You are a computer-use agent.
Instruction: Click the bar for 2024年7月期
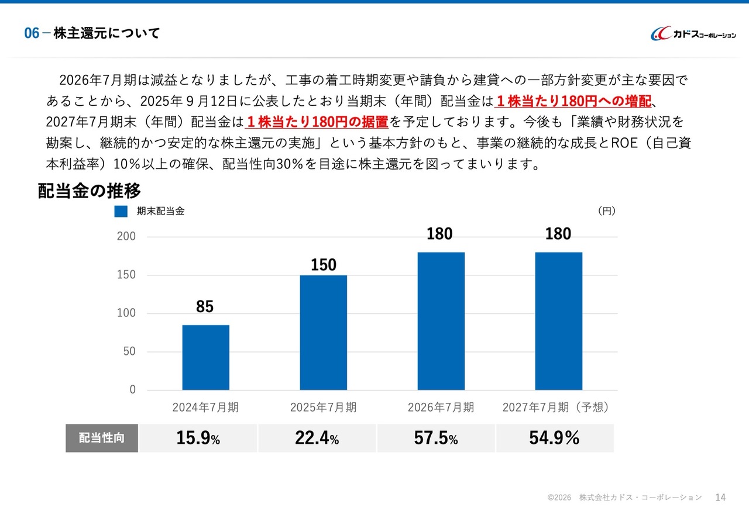point(205,357)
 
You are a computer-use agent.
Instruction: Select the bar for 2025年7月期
point(324,333)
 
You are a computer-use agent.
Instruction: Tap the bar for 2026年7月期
point(441,321)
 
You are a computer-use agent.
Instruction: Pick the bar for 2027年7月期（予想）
point(559,321)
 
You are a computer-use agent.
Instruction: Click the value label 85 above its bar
point(205,306)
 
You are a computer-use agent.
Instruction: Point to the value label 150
point(324,265)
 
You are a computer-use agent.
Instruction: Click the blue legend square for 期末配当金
point(121,211)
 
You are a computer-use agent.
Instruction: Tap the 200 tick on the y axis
point(126,236)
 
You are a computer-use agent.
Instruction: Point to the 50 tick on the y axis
point(129,351)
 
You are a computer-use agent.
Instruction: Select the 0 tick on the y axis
point(132,389)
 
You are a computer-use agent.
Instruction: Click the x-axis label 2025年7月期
point(323,408)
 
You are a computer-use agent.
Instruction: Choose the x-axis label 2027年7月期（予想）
point(556,408)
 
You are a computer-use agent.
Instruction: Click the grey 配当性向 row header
point(102,438)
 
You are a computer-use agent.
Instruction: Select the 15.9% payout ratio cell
point(198,438)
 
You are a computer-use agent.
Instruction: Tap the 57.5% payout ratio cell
point(436,438)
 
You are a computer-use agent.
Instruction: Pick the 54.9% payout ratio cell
point(555,438)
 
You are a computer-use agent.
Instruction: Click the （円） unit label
point(607,211)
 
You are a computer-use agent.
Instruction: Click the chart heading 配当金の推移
point(89,191)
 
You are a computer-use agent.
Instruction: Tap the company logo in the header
point(693,33)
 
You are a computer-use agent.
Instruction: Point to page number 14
point(720,498)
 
